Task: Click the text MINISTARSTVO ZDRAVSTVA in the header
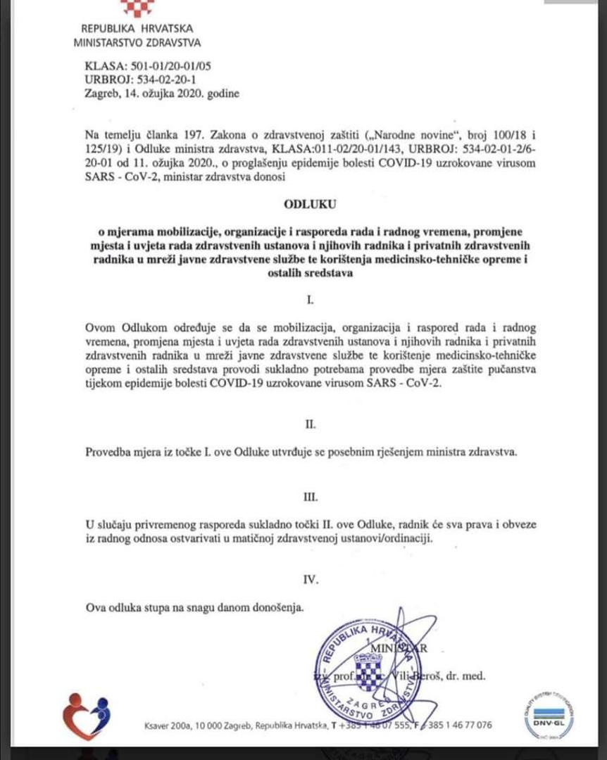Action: coord(137,42)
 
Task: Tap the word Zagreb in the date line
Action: coord(101,94)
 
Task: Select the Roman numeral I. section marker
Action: coord(310,300)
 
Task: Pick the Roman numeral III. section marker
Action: coord(310,497)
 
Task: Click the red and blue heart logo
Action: coord(86,716)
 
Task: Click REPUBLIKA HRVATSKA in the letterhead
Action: coord(137,29)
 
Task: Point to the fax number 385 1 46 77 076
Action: coord(451,726)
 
